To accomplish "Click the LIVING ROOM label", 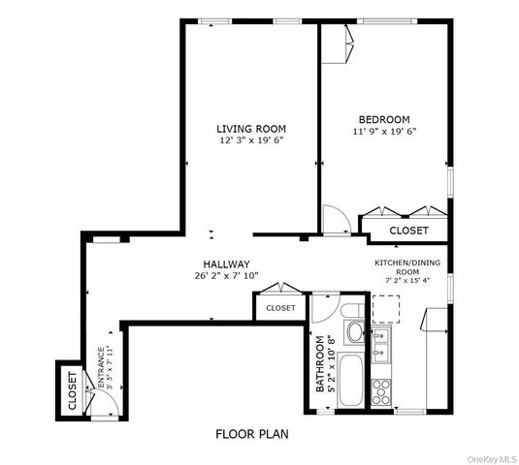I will [250, 128].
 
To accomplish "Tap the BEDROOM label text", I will [382, 119].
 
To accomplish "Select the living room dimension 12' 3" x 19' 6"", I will [250, 140].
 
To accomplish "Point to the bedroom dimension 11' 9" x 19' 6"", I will [382, 132].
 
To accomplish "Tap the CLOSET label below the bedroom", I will [408, 231].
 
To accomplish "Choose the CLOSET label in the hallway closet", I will [280, 307].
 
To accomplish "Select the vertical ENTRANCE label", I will [99, 368].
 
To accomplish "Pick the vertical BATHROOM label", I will [319, 365].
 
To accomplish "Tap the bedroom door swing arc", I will [332, 220].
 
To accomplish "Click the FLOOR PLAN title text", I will [251, 435].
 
